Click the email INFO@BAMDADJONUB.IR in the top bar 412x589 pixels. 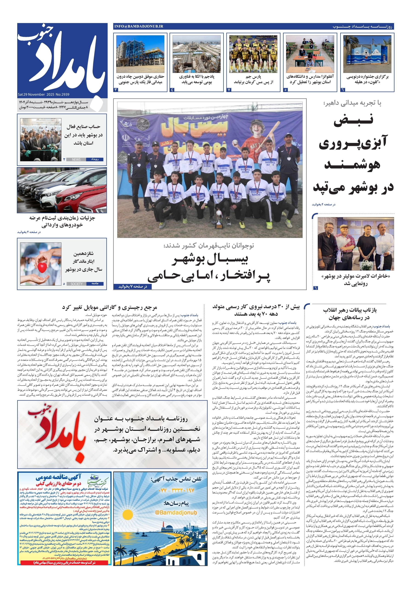click(139, 26)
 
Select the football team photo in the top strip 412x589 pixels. click(253, 54)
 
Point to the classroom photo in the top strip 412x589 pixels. click(310, 54)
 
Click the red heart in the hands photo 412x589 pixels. click(42, 268)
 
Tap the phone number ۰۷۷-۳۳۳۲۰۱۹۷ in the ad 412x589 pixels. click(176, 490)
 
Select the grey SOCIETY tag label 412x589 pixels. click(76, 284)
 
